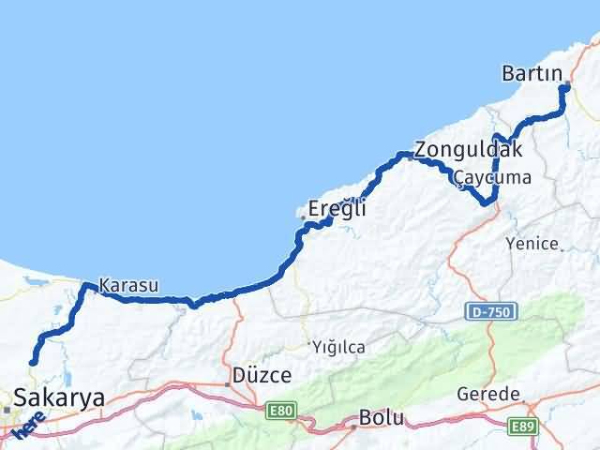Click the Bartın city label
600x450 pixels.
coord(532,72)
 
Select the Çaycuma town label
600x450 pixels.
coord(491,177)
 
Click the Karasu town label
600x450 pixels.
coord(128,284)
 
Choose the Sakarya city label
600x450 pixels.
coord(58,397)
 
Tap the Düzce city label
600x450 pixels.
coord(262,373)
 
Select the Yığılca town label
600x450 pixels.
coord(338,347)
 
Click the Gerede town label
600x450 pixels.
coord(488,395)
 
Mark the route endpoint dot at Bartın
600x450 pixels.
coord(565,87)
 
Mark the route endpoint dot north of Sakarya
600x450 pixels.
coord(33,362)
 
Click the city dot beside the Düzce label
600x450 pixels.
coord(227,383)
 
